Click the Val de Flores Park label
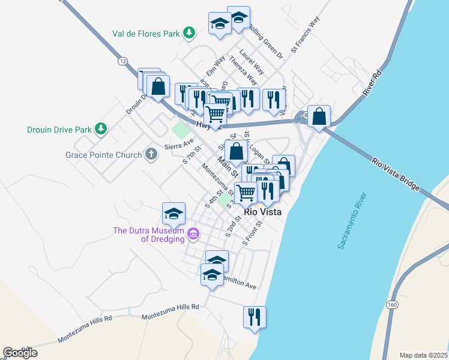(x=146, y=34)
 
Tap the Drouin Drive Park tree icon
(x=101, y=128)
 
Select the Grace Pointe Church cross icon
(x=151, y=155)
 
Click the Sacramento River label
(x=349, y=221)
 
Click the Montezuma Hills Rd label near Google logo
(x=85, y=331)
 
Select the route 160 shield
(x=392, y=305)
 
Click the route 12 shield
(x=122, y=61)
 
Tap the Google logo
(x=20, y=352)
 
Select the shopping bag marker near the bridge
(x=320, y=116)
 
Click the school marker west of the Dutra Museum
(x=173, y=214)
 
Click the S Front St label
(x=253, y=233)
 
